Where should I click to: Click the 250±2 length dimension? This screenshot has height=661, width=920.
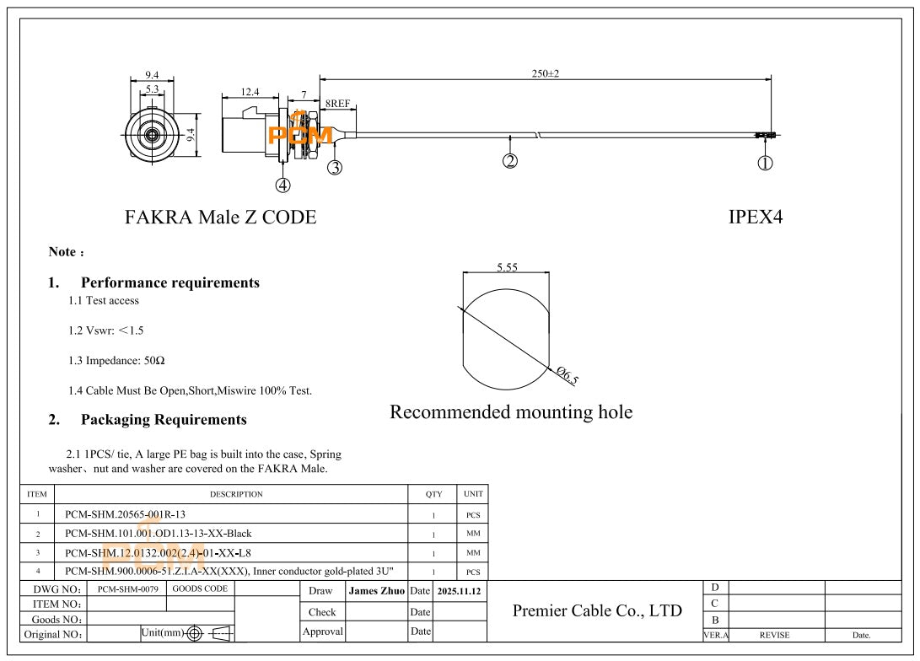click(546, 74)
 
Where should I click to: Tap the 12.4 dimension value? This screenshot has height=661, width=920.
click(250, 92)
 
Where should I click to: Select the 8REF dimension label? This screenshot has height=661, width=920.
click(338, 104)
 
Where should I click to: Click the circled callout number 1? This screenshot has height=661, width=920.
click(765, 164)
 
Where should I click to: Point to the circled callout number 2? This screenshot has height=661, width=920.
click(509, 160)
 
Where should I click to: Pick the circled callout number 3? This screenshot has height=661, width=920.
click(335, 167)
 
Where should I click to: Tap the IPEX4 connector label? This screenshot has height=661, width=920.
click(756, 217)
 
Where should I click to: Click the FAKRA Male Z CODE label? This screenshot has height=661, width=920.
click(221, 217)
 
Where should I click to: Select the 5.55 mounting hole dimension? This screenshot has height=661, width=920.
click(507, 267)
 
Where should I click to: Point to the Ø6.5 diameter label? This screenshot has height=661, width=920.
click(568, 376)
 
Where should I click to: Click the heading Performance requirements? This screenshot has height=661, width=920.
click(169, 282)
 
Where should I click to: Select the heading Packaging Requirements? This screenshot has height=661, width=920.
click(164, 419)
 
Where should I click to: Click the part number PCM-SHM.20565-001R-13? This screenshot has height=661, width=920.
click(125, 513)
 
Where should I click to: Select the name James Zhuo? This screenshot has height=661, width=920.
click(376, 591)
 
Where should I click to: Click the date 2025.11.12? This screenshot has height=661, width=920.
click(459, 591)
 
